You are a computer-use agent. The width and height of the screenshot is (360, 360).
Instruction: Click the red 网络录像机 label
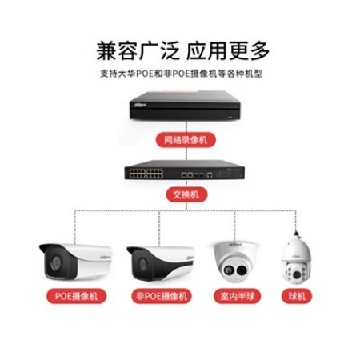(186, 140)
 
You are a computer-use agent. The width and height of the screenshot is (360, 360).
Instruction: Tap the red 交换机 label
(186, 194)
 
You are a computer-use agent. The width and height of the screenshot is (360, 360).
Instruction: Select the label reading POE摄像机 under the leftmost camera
(76, 296)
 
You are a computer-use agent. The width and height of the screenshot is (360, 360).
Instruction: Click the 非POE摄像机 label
(162, 296)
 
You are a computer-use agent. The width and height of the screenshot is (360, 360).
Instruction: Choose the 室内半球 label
(237, 296)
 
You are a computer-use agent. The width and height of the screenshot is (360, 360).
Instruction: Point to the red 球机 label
(297, 296)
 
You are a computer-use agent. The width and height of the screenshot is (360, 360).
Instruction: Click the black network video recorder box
(185, 106)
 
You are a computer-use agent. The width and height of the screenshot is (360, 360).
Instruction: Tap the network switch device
(185, 170)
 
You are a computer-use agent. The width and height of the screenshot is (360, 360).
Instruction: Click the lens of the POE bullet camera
(56, 262)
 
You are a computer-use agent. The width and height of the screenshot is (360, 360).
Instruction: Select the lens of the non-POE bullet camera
(142, 264)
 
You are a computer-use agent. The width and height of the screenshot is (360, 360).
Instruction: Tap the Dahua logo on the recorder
(141, 105)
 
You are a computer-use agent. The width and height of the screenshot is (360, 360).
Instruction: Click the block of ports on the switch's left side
(146, 174)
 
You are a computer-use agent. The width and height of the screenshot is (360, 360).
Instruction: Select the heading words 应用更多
(228, 50)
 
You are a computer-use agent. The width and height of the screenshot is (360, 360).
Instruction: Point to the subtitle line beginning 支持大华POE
(182, 74)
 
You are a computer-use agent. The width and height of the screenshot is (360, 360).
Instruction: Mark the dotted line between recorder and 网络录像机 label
(186, 127)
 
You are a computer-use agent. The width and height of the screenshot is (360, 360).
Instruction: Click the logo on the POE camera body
(105, 258)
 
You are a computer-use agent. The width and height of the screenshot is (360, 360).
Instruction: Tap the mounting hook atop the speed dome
(296, 235)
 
